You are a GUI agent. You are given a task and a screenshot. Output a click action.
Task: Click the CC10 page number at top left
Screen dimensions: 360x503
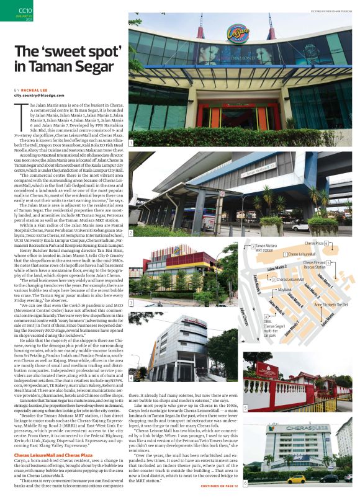25,11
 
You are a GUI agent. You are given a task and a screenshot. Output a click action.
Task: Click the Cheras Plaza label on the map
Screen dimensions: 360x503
316,244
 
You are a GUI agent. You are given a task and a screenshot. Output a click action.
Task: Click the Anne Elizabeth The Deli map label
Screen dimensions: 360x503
332,305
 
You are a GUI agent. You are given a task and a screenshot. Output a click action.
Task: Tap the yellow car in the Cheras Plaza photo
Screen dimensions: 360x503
296,479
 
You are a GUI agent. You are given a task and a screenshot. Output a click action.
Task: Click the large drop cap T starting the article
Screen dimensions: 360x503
17,112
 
